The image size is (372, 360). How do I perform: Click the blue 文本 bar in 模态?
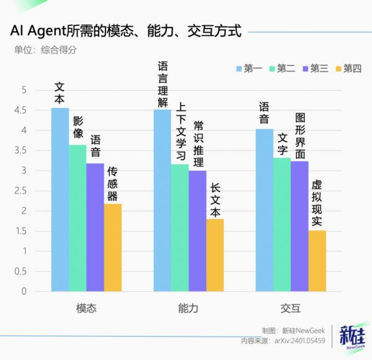60,199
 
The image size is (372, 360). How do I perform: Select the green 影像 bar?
77,217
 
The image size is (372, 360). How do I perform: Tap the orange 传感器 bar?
113,247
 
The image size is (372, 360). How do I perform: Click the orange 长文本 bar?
215,254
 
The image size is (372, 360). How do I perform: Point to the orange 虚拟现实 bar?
317,261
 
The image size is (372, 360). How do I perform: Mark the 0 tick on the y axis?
24,291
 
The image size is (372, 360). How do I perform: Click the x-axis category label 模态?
86,308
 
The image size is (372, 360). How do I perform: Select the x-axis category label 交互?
291,308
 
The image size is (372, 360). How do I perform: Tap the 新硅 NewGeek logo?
352,338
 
